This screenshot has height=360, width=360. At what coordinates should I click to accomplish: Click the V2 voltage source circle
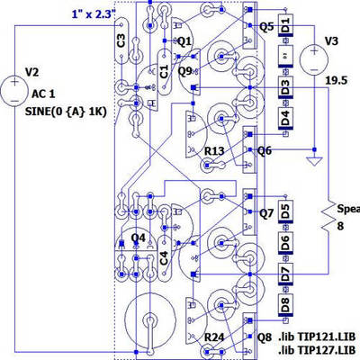[x=15, y=90]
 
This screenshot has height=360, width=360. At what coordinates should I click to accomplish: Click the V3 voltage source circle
[x=314, y=58]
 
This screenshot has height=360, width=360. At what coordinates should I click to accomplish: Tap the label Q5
[x=266, y=26]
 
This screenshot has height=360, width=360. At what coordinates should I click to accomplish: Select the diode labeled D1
[x=284, y=25]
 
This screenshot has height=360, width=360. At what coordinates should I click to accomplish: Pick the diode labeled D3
[x=284, y=87]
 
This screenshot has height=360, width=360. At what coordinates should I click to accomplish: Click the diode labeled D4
[x=284, y=118]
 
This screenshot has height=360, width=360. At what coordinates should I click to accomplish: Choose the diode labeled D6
[x=284, y=243]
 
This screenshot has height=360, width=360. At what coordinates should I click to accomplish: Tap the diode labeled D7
[x=284, y=274]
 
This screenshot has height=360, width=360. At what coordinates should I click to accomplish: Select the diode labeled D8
[x=284, y=304]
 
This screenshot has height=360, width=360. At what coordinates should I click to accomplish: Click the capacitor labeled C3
[x=121, y=40]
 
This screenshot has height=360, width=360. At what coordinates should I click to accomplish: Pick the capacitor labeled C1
[x=164, y=69]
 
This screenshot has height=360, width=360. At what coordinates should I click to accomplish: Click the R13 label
[x=214, y=151]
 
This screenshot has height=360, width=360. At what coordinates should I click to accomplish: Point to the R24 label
[x=214, y=337]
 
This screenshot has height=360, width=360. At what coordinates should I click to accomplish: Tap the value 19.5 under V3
[x=336, y=80]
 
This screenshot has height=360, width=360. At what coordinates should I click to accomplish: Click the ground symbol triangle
[x=314, y=163]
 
